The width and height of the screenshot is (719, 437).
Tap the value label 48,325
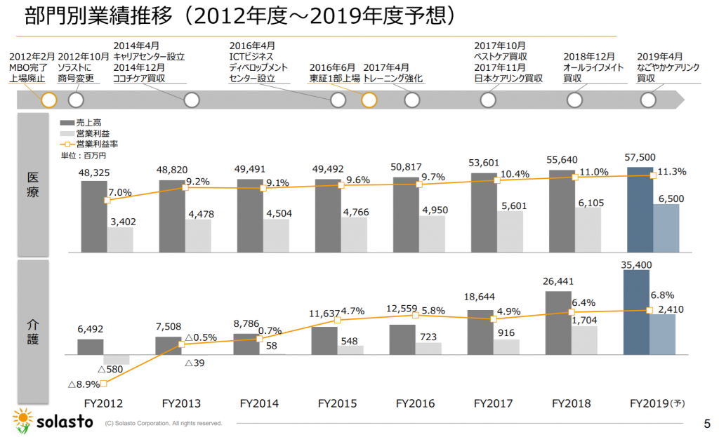[93, 173]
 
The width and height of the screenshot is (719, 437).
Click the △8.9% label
[83, 384]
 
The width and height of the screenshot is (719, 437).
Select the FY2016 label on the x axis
[415, 403]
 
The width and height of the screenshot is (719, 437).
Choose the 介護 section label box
[33, 329]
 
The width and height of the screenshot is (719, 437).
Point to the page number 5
[706, 423]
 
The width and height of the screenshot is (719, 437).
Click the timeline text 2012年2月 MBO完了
[29, 67]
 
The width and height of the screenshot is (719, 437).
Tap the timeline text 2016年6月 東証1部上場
[335, 73]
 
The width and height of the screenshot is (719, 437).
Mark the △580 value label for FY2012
[111, 369]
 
